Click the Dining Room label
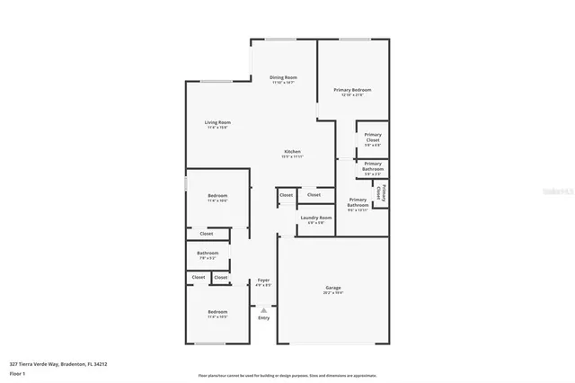[283, 78]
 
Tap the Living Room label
[217, 122]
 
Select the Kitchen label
[293, 151]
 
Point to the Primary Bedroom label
[352, 90]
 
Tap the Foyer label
[263, 281]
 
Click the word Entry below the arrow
[263, 317]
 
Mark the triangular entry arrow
[263, 309]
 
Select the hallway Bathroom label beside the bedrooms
[208, 254]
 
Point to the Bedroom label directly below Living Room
[217, 196]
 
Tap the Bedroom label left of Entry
[217, 312]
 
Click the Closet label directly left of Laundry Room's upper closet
[286, 195]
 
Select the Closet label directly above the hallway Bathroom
[207, 234]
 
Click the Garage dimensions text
[332, 293]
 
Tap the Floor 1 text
[17, 373]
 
